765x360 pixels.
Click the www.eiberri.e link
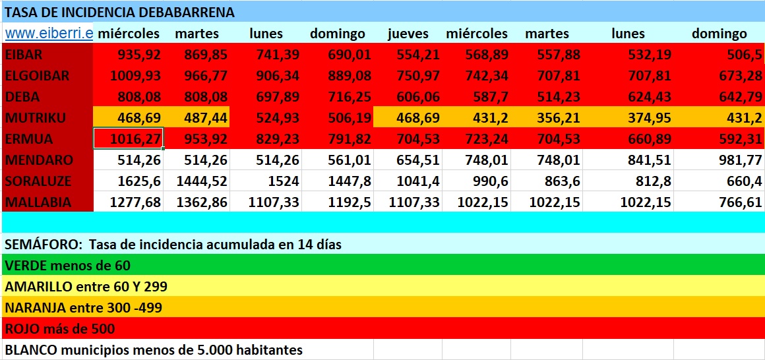[48, 34]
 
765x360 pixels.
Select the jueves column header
[408, 34]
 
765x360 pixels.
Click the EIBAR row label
[24, 55]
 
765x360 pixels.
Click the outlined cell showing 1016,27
[129, 139]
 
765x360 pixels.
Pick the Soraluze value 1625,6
[139, 181]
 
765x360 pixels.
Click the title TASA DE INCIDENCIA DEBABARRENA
[119, 12]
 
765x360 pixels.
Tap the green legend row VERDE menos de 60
[67, 266]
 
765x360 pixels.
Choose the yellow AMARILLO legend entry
[86, 287]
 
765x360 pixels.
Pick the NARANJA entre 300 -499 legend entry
[83, 308]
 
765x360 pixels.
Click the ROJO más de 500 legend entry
[59, 329]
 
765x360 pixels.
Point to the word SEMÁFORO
[42, 245]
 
